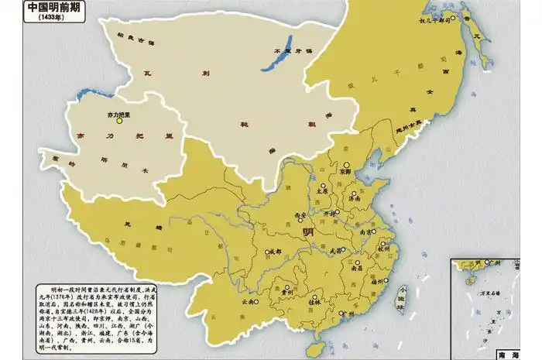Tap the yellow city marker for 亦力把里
[120, 121]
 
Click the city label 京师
[345, 171]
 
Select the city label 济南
[356, 200]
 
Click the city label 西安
[300, 216]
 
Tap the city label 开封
[328, 213]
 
